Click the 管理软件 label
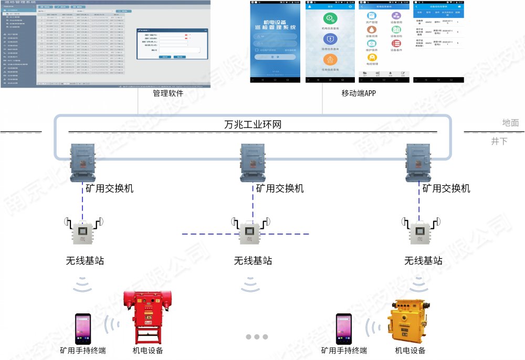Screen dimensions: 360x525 coord(168,94)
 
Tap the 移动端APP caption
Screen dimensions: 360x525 coord(359,94)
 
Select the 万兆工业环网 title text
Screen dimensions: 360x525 coord(254,125)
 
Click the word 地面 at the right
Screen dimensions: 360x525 coord(510,123)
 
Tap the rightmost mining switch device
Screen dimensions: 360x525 coord(421,162)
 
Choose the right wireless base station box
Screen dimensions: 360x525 coord(422,232)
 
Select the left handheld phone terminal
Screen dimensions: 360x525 coord(82,329)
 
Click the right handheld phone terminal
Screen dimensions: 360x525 coord(344,329)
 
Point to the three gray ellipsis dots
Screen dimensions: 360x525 coord(257,336)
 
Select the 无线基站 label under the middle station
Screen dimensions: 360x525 coord(253,260)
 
